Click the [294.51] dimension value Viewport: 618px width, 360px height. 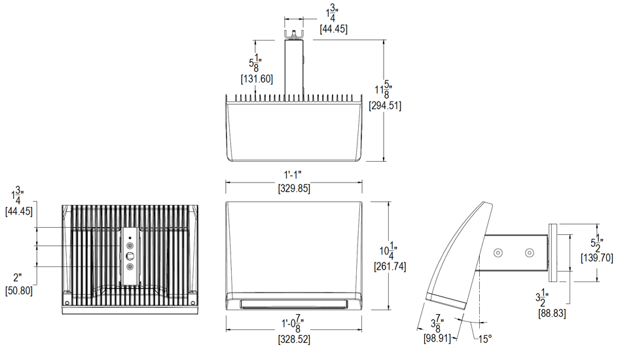[385, 105]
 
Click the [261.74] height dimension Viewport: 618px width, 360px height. [390, 267]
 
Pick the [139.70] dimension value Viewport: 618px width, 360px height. [596, 258]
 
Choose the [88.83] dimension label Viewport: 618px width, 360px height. [553, 314]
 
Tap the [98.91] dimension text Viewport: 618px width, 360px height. [436, 338]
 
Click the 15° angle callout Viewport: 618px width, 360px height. [484, 338]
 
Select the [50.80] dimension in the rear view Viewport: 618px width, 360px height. [18, 290]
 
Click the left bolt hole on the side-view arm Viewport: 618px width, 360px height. [499, 252]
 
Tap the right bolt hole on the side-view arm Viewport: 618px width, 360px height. [530, 252]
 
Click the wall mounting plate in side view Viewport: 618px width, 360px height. [553, 252]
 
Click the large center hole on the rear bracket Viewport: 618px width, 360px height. [130, 255]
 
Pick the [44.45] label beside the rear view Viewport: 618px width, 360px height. [18, 211]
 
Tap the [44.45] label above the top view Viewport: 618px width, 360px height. [333, 29]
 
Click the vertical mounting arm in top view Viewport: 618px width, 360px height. [294, 65]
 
